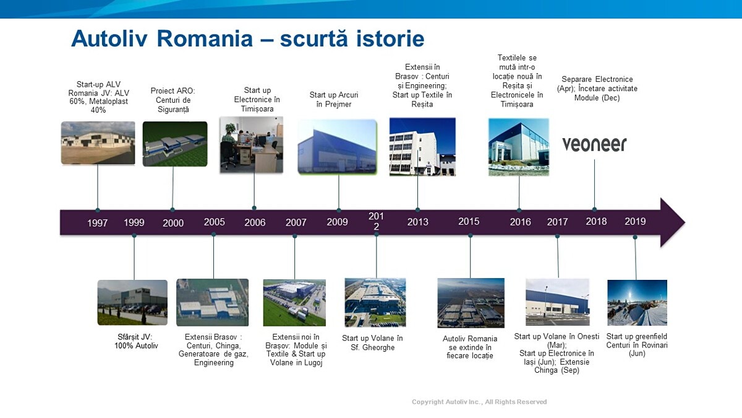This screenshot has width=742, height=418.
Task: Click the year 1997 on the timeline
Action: click(98, 223)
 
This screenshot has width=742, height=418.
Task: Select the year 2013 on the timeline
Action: click(418, 222)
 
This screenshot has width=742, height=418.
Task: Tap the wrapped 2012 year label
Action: click(377, 221)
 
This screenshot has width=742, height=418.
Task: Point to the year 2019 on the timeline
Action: click(635, 221)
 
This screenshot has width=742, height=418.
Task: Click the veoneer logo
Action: click(594, 144)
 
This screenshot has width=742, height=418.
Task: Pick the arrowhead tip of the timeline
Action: click(684, 222)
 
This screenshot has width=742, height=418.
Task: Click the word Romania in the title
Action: click(205, 39)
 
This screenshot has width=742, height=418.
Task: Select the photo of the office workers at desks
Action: click(252, 145)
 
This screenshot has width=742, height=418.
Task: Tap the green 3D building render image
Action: click(175, 144)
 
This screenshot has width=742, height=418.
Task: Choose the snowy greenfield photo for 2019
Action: click(637, 303)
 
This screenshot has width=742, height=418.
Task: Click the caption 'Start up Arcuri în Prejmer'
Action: click(334, 100)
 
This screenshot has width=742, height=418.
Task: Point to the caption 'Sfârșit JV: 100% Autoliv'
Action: click(136, 341)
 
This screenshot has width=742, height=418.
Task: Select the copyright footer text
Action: click(479, 402)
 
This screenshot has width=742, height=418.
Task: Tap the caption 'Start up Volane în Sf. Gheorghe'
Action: click(372, 342)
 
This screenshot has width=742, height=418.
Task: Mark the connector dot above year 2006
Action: click(254, 208)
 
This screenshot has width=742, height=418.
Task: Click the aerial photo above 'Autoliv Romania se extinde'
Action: click(471, 303)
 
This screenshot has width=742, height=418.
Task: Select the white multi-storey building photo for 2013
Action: click(422, 147)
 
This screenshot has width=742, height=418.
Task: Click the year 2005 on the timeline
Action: click(215, 222)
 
